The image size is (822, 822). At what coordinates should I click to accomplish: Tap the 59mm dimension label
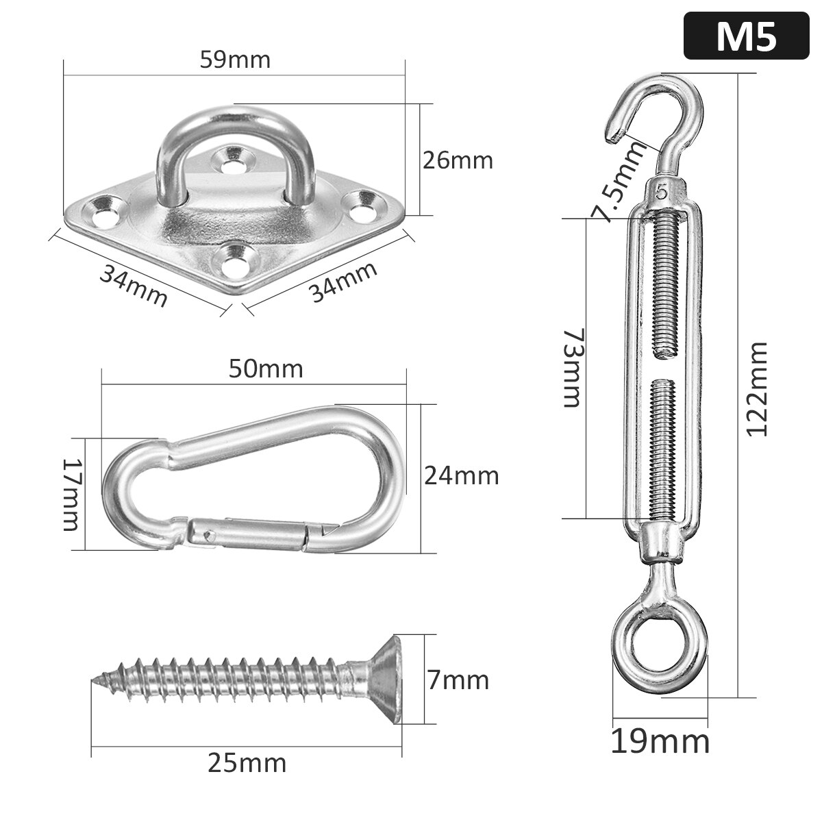[235, 60]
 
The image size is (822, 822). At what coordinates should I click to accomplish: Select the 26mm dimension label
[457, 160]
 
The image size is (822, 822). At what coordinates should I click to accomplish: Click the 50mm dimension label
[266, 369]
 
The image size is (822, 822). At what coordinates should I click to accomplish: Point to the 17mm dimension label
[71, 494]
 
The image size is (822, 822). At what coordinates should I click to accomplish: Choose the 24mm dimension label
[461, 475]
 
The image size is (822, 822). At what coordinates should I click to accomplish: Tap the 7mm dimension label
[457, 680]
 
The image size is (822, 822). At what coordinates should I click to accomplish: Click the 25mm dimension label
[247, 762]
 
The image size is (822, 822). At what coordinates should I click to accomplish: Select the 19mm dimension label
[660, 742]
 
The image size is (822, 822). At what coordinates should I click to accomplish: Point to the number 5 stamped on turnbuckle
[662, 192]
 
